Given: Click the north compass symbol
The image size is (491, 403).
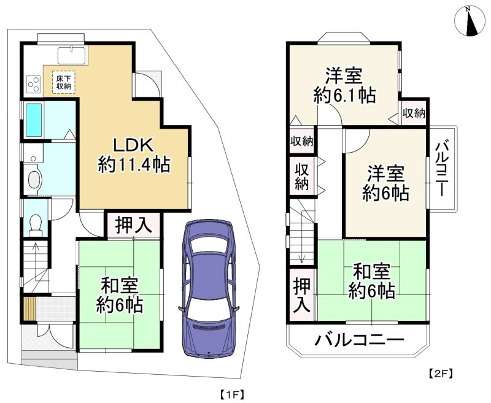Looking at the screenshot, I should tap(470, 22).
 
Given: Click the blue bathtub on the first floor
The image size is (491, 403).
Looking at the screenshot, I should tap(34, 121).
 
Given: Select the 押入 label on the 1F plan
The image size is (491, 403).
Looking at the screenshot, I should tap(134, 225).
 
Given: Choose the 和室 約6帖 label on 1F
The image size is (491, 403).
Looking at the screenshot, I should tap(120, 294).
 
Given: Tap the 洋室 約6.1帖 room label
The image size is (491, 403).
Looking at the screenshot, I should tap(344, 86).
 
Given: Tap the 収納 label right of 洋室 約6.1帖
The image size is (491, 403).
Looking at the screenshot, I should tap(414, 113).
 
